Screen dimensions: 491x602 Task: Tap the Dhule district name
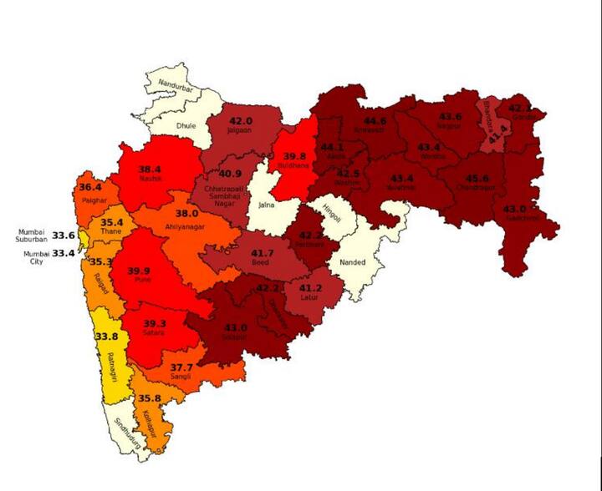click(x=185, y=127)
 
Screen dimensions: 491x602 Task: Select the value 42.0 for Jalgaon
click(x=241, y=120)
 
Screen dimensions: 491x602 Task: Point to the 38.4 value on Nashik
click(x=150, y=168)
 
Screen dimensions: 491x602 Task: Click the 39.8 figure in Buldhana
click(x=294, y=156)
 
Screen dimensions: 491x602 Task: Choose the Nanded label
click(x=352, y=262)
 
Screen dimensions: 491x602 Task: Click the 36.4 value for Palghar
click(x=90, y=188)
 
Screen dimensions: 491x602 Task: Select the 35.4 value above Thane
click(x=112, y=223)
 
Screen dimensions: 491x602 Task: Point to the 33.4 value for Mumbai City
click(x=64, y=253)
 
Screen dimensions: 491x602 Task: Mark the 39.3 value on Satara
click(x=154, y=324)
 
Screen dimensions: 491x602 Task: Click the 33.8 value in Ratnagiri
click(x=106, y=337)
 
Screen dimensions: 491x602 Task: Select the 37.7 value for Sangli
click(x=181, y=367)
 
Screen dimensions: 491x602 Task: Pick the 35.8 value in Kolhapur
click(x=150, y=398)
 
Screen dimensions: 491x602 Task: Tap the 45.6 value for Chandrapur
click(x=477, y=179)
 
